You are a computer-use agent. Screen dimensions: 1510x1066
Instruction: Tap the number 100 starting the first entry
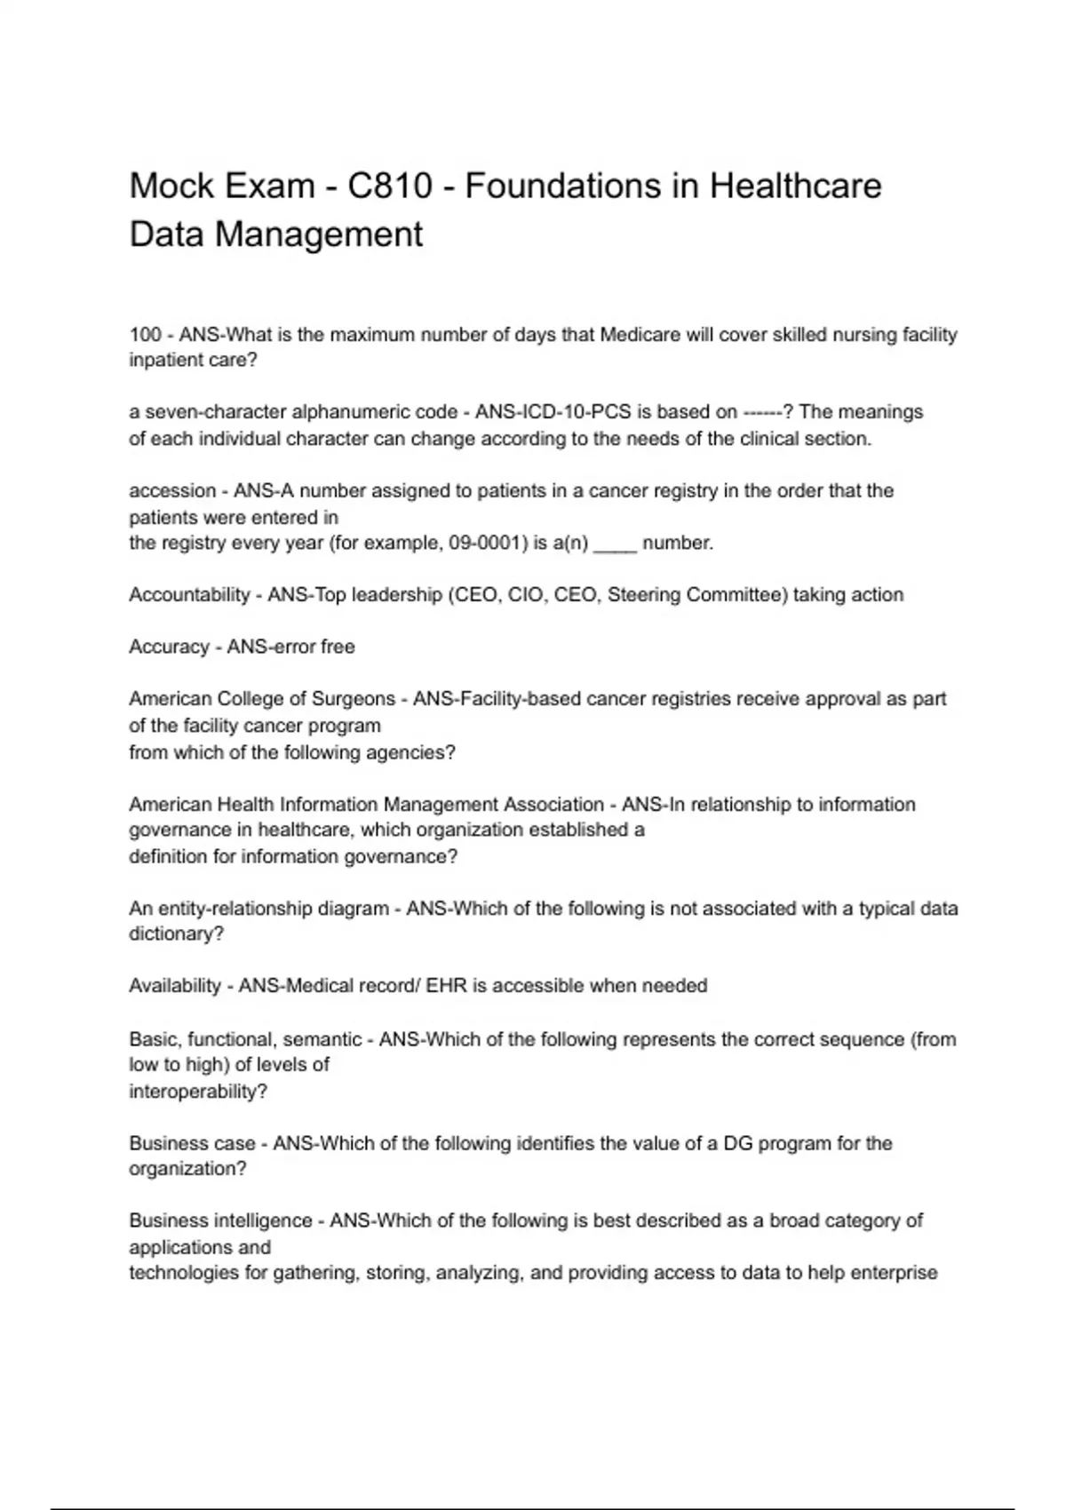[145, 335]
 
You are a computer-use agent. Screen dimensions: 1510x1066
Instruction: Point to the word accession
[171, 491]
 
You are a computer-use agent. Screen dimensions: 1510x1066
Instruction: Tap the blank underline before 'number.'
[615, 544]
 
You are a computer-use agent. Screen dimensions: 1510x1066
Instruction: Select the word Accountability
[188, 595]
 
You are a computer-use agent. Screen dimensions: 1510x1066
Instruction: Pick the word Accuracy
[168, 648]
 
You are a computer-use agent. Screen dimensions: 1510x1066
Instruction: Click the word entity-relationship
[274, 909]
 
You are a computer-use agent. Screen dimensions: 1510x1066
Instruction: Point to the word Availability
[175, 986]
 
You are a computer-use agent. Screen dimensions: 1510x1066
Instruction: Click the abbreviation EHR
[446, 986]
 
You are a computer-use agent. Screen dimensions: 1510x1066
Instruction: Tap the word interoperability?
[197, 1092]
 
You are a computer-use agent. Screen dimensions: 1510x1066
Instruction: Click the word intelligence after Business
[263, 1221]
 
